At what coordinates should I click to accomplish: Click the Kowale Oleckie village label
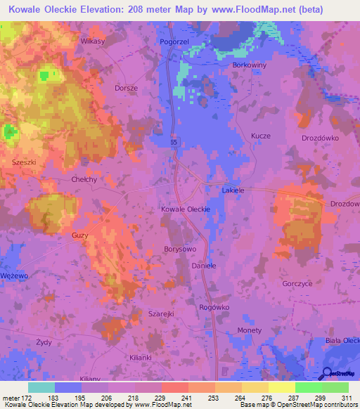point(186,209)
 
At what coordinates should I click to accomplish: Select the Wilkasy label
point(92,41)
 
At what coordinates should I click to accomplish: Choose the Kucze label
point(260,136)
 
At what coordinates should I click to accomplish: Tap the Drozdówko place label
point(320,138)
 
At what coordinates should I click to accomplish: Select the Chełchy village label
point(84,179)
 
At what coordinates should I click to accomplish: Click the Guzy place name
point(79,235)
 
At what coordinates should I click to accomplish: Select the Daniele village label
point(204,267)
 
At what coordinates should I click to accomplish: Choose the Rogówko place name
point(214,307)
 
